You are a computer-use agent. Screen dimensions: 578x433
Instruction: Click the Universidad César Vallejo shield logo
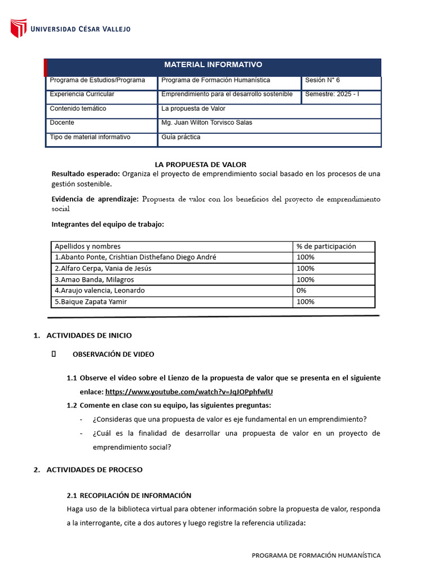(x=19, y=29)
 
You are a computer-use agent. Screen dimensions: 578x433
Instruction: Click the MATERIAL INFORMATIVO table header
(x=213, y=65)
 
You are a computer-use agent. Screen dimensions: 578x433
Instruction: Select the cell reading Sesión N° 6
(x=322, y=80)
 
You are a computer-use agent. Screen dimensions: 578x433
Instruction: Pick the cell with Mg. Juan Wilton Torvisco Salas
(x=206, y=122)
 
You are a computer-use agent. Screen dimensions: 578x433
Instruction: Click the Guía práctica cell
(x=181, y=137)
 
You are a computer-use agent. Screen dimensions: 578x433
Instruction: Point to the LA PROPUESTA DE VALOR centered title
(x=200, y=164)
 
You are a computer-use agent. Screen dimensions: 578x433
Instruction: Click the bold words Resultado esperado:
(x=85, y=174)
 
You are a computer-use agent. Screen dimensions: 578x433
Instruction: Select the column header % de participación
(x=326, y=246)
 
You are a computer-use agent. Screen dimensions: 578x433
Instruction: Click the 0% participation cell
(x=302, y=291)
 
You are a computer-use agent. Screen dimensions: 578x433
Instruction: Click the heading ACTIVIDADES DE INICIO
(x=89, y=335)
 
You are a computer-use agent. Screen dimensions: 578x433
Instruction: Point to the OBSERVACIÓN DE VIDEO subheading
(x=113, y=354)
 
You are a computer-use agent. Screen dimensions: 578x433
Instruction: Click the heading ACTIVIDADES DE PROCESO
(x=94, y=470)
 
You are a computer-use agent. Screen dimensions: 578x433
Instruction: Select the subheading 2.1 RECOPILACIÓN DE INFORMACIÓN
(x=129, y=496)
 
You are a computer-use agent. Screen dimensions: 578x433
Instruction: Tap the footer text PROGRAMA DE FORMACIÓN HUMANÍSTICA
(x=316, y=555)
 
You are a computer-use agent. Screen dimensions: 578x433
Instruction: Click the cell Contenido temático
(x=78, y=108)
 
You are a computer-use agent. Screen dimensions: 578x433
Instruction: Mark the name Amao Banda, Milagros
(x=94, y=280)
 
